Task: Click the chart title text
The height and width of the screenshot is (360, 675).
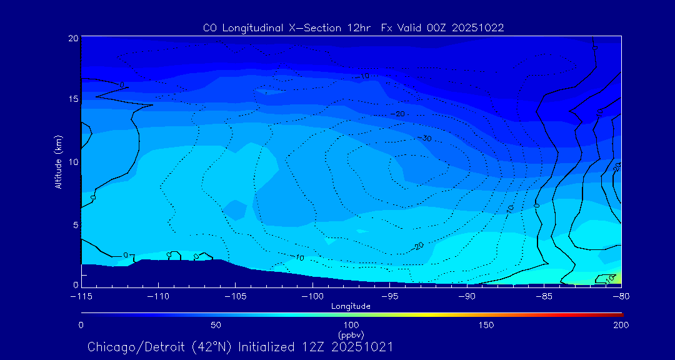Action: pos(353,27)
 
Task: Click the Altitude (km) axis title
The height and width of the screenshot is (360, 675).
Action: pos(58,162)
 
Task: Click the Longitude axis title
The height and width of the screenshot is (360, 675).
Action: pos(351,306)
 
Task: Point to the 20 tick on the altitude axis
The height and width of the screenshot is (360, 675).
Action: pos(72,38)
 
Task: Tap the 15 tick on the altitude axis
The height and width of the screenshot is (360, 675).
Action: pos(72,100)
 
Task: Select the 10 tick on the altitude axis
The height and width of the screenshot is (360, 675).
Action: pos(72,162)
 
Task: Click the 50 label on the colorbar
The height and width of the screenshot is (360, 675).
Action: pos(216,325)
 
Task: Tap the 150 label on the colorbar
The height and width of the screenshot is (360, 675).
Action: pos(486,325)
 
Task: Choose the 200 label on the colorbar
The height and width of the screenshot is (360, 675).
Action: pos(621,325)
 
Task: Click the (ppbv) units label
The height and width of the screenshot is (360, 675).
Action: pos(351,334)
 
